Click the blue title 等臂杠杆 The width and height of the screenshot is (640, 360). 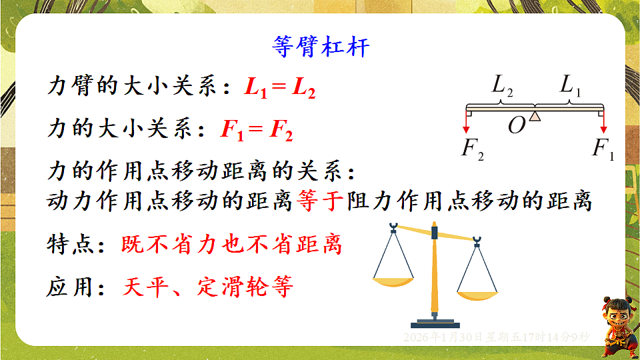click(321, 47)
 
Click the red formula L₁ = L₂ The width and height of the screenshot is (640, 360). click(279, 89)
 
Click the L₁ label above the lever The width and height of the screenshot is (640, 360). click(570, 86)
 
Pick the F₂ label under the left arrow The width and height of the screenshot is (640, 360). click(472, 148)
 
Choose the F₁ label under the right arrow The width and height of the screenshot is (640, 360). click(602, 148)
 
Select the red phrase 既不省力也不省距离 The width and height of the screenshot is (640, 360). click(231, 245)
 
